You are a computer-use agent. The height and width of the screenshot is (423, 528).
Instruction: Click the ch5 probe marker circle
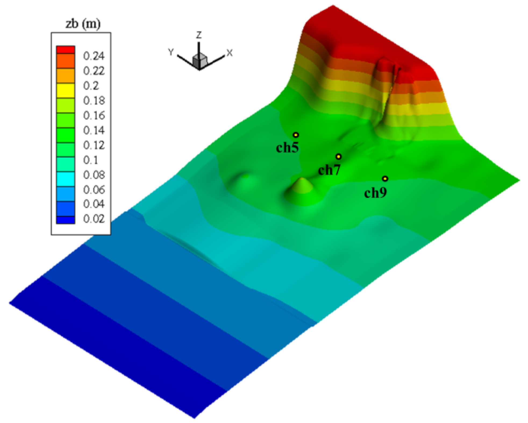(296, 135)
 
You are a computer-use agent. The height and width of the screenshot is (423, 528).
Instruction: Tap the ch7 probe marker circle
(338, 156)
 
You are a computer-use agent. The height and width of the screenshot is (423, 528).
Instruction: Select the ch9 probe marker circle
(385, 179)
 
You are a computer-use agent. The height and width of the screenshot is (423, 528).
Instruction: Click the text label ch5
(287, 148)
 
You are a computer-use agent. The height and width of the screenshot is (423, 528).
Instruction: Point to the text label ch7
(329, 170)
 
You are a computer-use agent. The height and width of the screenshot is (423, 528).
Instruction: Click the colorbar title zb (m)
(83, 24)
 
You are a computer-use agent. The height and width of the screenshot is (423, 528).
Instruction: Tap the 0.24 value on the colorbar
(94, 56)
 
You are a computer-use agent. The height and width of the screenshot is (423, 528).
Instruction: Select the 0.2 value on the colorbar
(91, 86)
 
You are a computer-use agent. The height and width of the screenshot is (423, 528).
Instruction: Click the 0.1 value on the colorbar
(91, 160)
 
